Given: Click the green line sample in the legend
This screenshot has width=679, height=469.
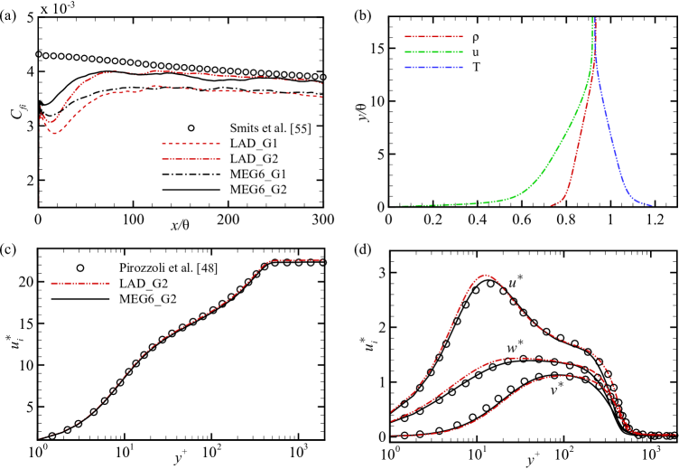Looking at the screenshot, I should pyautogui.click(x=433, y=52).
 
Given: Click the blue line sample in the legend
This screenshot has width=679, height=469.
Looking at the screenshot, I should pyautogui.click(x=433, y=68).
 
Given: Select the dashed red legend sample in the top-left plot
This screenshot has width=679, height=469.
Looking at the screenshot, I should pyautogui.click(x=191, y=144).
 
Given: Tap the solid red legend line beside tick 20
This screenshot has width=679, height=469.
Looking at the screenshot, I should pyautogui.click(x=79, y=283).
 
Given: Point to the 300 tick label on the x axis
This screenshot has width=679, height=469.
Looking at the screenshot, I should pyautogui.click(x=322, y=220).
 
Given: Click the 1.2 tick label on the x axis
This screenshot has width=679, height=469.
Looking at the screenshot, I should pyautogui.click(x=655, y=220).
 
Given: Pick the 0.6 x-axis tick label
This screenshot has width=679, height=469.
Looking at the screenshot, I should pyautogui.click(x=521, y=220).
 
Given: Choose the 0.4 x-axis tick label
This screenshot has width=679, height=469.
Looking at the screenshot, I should pyautogui.click(x=477, y=220).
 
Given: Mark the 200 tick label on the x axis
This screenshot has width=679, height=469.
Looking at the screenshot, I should pyautogui.click(x=228, y=220).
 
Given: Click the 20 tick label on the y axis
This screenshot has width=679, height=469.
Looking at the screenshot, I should pyautogui.click(x=26, y=282).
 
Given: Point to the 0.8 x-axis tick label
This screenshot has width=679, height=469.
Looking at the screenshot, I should pyautogui.click(x=565, y=220).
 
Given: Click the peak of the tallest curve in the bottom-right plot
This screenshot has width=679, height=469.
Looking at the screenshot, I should pyautogui.click(x=486, y=275).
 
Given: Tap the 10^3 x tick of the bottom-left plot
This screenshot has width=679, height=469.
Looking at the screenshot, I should pyautogui.click(x=298, y=450).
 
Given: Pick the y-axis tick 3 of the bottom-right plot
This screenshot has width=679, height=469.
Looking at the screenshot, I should pyautogui.click(x=381, y=273).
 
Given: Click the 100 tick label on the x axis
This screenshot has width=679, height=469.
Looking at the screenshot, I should pyautogui.click(x=132, y=220).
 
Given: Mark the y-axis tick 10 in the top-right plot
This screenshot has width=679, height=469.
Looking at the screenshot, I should pyautogui.click(x=377, y=101).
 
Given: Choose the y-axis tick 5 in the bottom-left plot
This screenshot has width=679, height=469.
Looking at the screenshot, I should pyautogui.click(x=30, y=407).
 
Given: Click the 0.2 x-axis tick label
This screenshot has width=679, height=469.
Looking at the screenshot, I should pyautogui.click(x=433, y=220).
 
